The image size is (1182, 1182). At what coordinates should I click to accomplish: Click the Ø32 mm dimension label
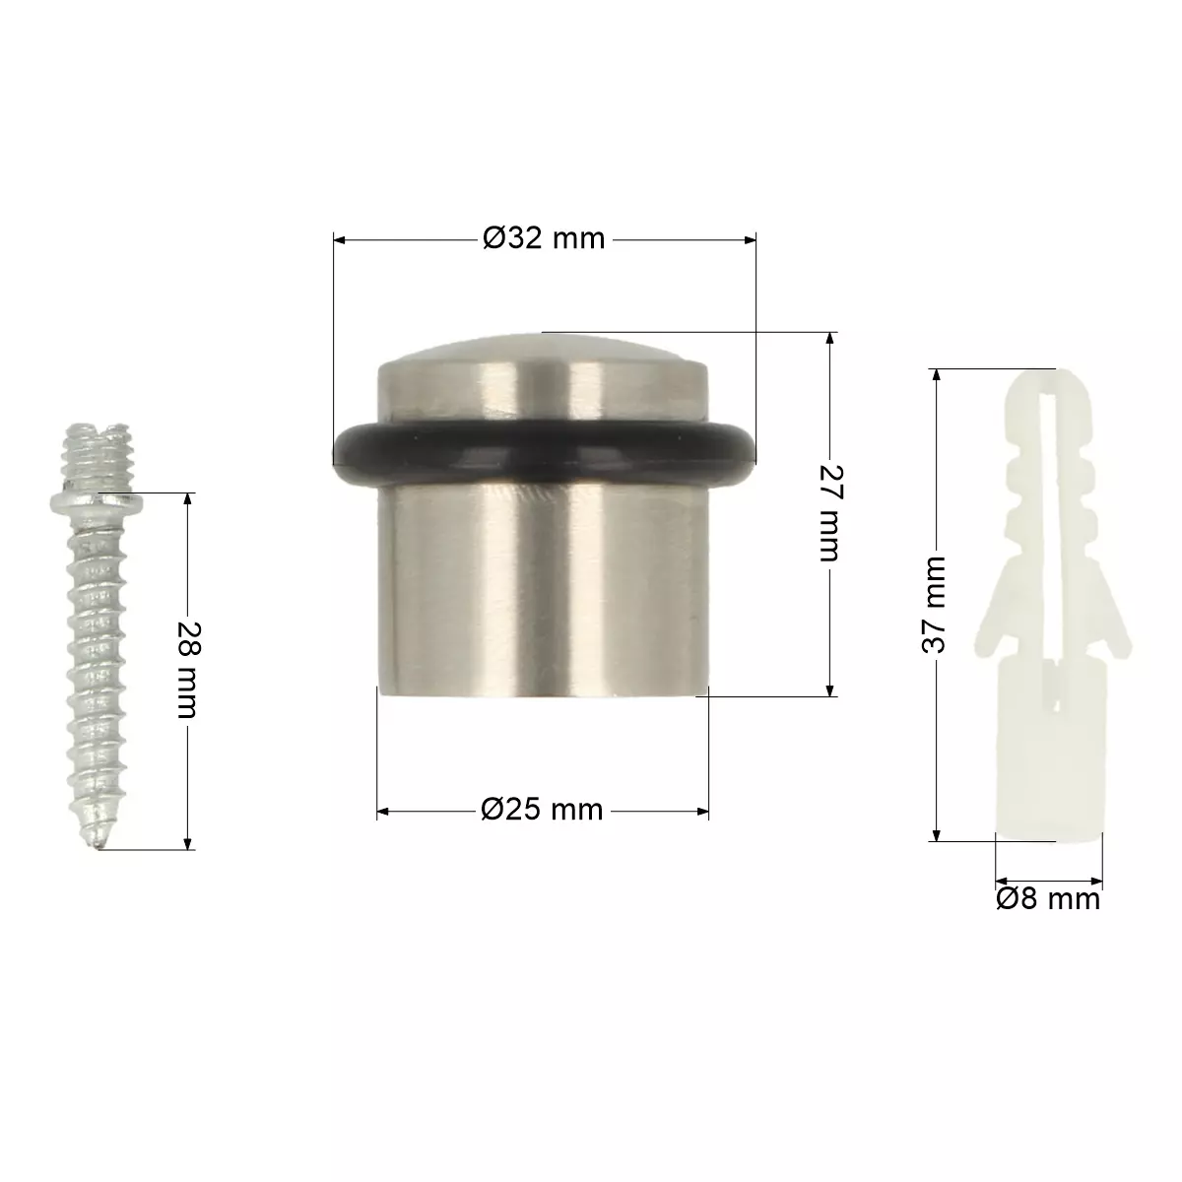(544, 238)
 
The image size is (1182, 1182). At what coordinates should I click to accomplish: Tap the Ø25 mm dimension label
(542, 811)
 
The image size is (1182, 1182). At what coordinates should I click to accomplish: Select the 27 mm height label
(831, 513)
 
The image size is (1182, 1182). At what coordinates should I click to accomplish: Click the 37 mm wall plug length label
(934, 605)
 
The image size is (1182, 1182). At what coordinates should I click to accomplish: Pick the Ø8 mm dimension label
(1048, 899)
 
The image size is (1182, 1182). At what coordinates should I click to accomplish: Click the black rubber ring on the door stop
(544, 453)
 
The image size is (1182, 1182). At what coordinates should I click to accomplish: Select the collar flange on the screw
(97, 503)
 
